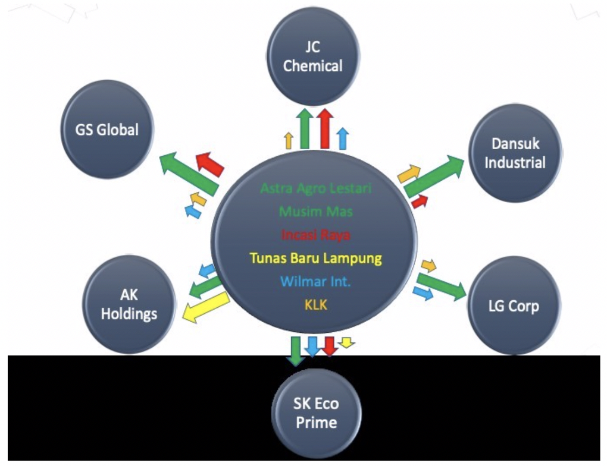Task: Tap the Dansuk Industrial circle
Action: pos(515,153)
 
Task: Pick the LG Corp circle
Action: pos(513,307)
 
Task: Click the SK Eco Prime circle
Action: pos(315,413)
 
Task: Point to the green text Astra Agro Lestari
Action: pos(315,188)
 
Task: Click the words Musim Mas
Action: pos(315,211)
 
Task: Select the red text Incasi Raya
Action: pos(315,234)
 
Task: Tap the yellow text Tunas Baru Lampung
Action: pos(315,259)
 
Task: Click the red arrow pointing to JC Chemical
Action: pos(324,128)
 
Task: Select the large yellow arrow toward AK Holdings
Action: pos(204,307)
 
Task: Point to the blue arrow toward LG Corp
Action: pos(423,292)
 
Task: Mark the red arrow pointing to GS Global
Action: pos(209,163)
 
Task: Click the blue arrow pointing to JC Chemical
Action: pos(342,138)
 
